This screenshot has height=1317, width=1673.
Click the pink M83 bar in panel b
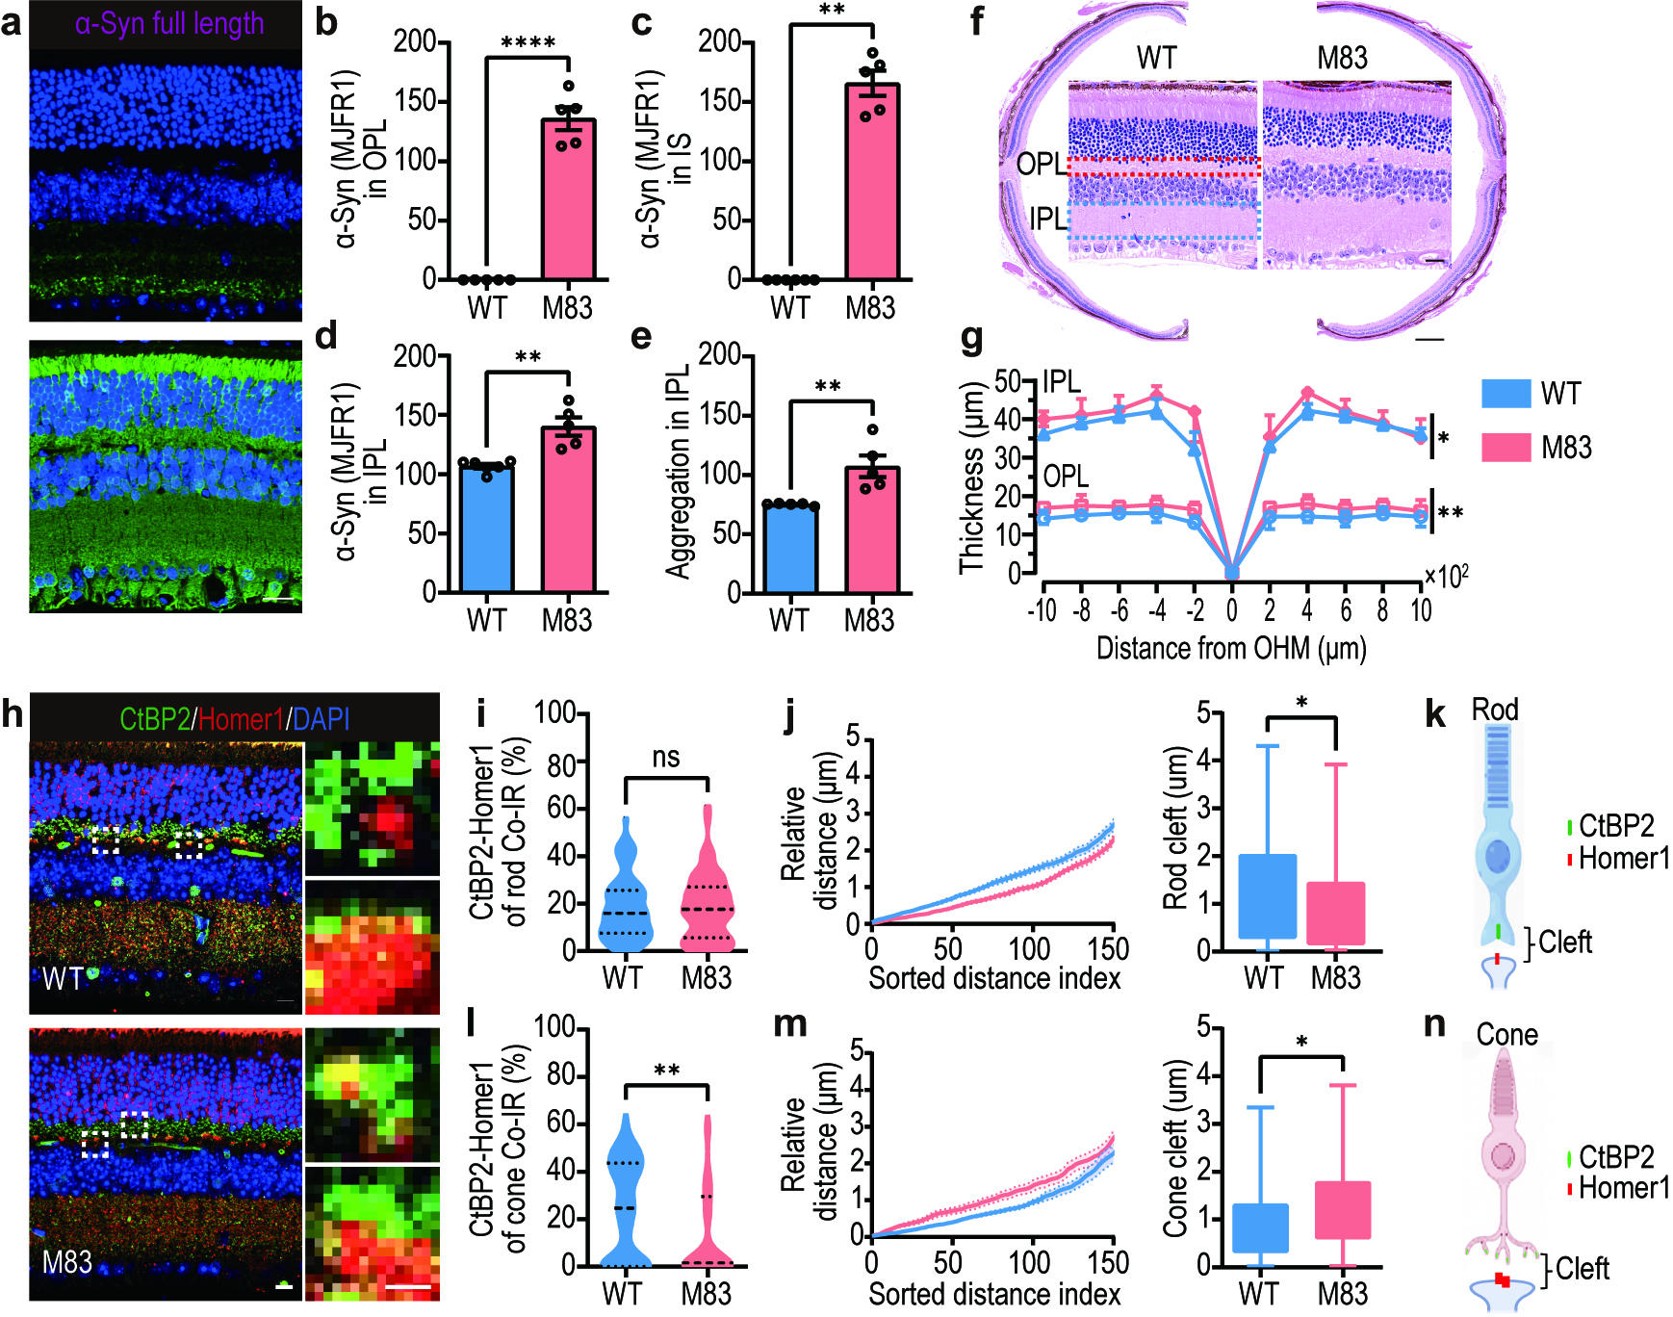pyautogui.click(x=568, y=199)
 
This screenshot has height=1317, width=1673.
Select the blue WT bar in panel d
pyautogui.click(x=486, y=529)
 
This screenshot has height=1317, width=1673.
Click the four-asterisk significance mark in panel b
pyautogui.click(x=528, y=42)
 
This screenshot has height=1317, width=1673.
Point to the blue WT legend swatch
pyautogui.click(x=1506, y=393)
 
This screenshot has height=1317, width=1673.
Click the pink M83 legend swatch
pyautogui.click(x=1506, y=447)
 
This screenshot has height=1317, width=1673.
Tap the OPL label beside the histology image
pyautogui.click(x=1041, y=165)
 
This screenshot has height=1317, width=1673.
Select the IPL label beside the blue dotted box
pyautogui.click(x=1048, y=219)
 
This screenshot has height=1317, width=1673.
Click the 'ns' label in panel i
pyautogui.click(x=666, y=758)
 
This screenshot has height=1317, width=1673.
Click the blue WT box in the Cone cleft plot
pyautogui.click(x=1260, y=1227)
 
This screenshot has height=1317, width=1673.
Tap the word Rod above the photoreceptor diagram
pyautogui.click(x=1495, y=710)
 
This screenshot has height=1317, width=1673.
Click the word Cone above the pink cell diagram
pyautogui.click(x=1507, y=1035)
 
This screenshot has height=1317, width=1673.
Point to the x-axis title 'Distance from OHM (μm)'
pyautogui.click(x=1231, y=648)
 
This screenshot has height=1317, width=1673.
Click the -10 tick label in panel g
pyautogui.click(x=1042, y=609)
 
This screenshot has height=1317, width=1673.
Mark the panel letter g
pyautogui.click(x=973, y=339)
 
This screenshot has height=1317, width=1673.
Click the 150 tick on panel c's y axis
pyautogui.click(x=719, y=101)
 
